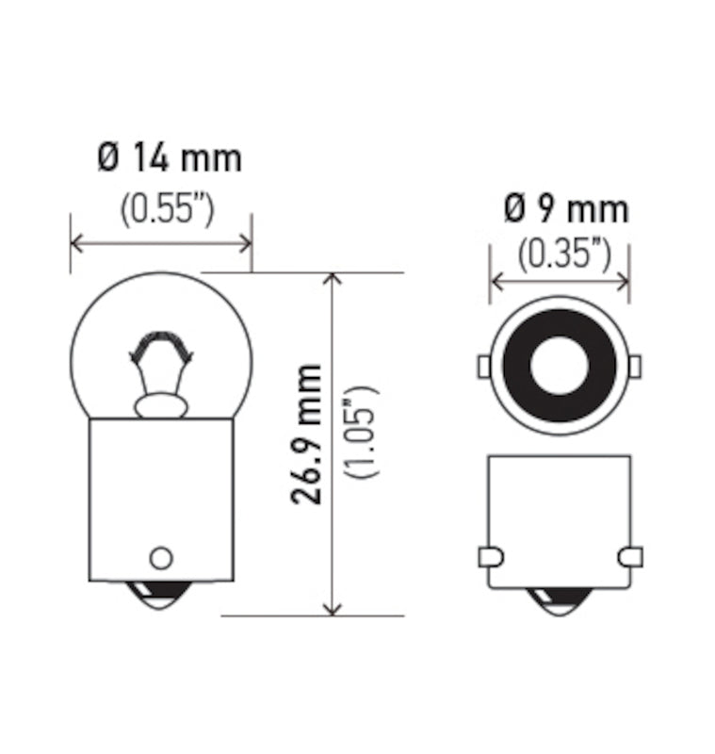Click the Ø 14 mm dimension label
(170, 158)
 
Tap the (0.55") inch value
(167, 209)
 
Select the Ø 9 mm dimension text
(565, 208)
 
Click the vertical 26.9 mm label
(307, 434)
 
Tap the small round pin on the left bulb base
(161, 556)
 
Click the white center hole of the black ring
(558, 364)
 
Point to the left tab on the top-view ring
(483, 364)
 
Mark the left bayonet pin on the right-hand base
(490, 557)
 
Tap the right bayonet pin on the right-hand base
(629, 557)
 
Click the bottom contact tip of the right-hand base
(559, 600)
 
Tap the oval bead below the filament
(160, 406)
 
